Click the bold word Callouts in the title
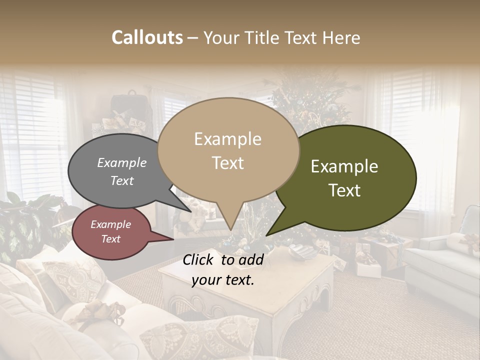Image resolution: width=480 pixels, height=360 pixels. [x=147, y=37]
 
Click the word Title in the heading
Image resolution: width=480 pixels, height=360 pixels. [x=264, y=37]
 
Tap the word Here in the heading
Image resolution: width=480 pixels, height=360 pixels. [x=341, y=37]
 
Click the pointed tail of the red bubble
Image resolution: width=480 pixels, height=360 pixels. [x=167, y=238]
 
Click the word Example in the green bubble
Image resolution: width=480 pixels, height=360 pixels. [x=344, y=166]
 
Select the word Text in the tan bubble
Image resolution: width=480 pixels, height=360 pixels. [x=228, y=163]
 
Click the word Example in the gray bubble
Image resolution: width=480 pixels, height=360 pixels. [x=122, y=163]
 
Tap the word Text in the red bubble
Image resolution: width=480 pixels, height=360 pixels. [x=111, y=239]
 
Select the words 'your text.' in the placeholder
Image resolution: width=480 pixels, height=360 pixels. [x=223, y=280]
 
